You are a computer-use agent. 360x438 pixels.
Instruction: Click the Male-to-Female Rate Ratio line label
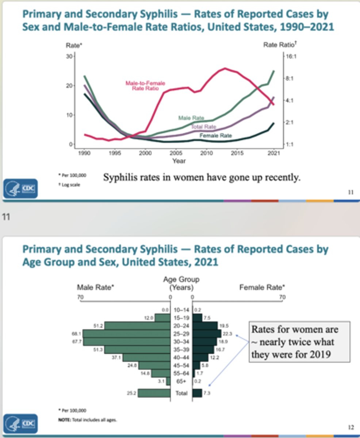pos(145,86)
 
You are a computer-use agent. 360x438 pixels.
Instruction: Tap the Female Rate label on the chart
pos(215,135)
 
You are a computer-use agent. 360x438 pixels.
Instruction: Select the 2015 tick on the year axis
pos(237,153)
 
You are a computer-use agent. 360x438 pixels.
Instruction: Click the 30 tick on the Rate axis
pos(69,56)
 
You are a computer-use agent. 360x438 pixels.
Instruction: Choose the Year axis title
pos(179,161)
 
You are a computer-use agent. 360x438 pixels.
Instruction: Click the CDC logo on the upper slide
pos(20,188)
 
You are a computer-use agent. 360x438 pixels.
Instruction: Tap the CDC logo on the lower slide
pos(20,423)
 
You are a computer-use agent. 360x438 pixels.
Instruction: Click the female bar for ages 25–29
pos(207,334)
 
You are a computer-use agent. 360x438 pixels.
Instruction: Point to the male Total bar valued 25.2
pos(154,393)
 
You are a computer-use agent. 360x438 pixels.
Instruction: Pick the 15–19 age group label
pos(181,318)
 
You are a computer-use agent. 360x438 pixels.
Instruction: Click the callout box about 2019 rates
pos(299,342)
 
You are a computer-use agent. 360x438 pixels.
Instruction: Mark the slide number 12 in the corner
pos(351,427)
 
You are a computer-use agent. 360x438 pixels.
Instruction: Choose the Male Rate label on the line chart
pos(191,118)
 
